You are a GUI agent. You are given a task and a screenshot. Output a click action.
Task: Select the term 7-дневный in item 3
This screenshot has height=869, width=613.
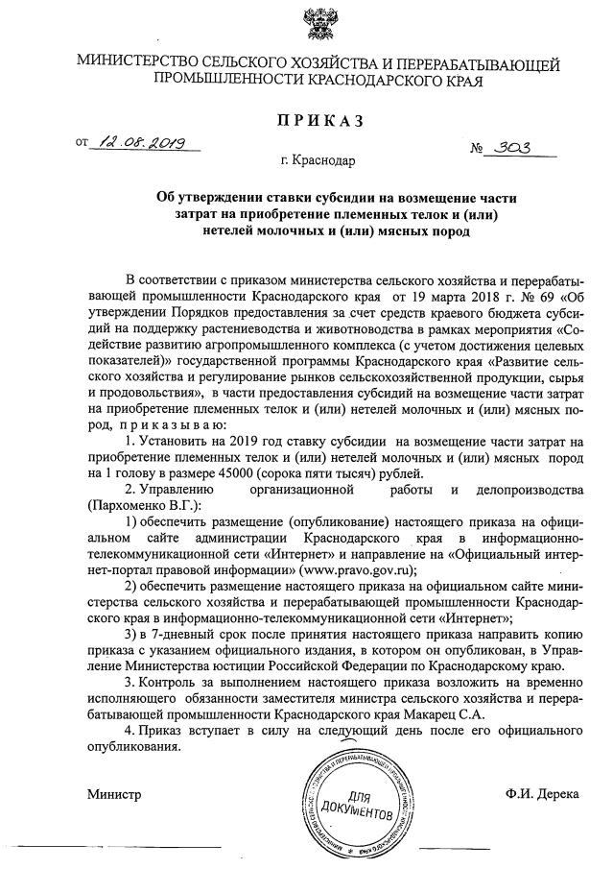179,633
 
